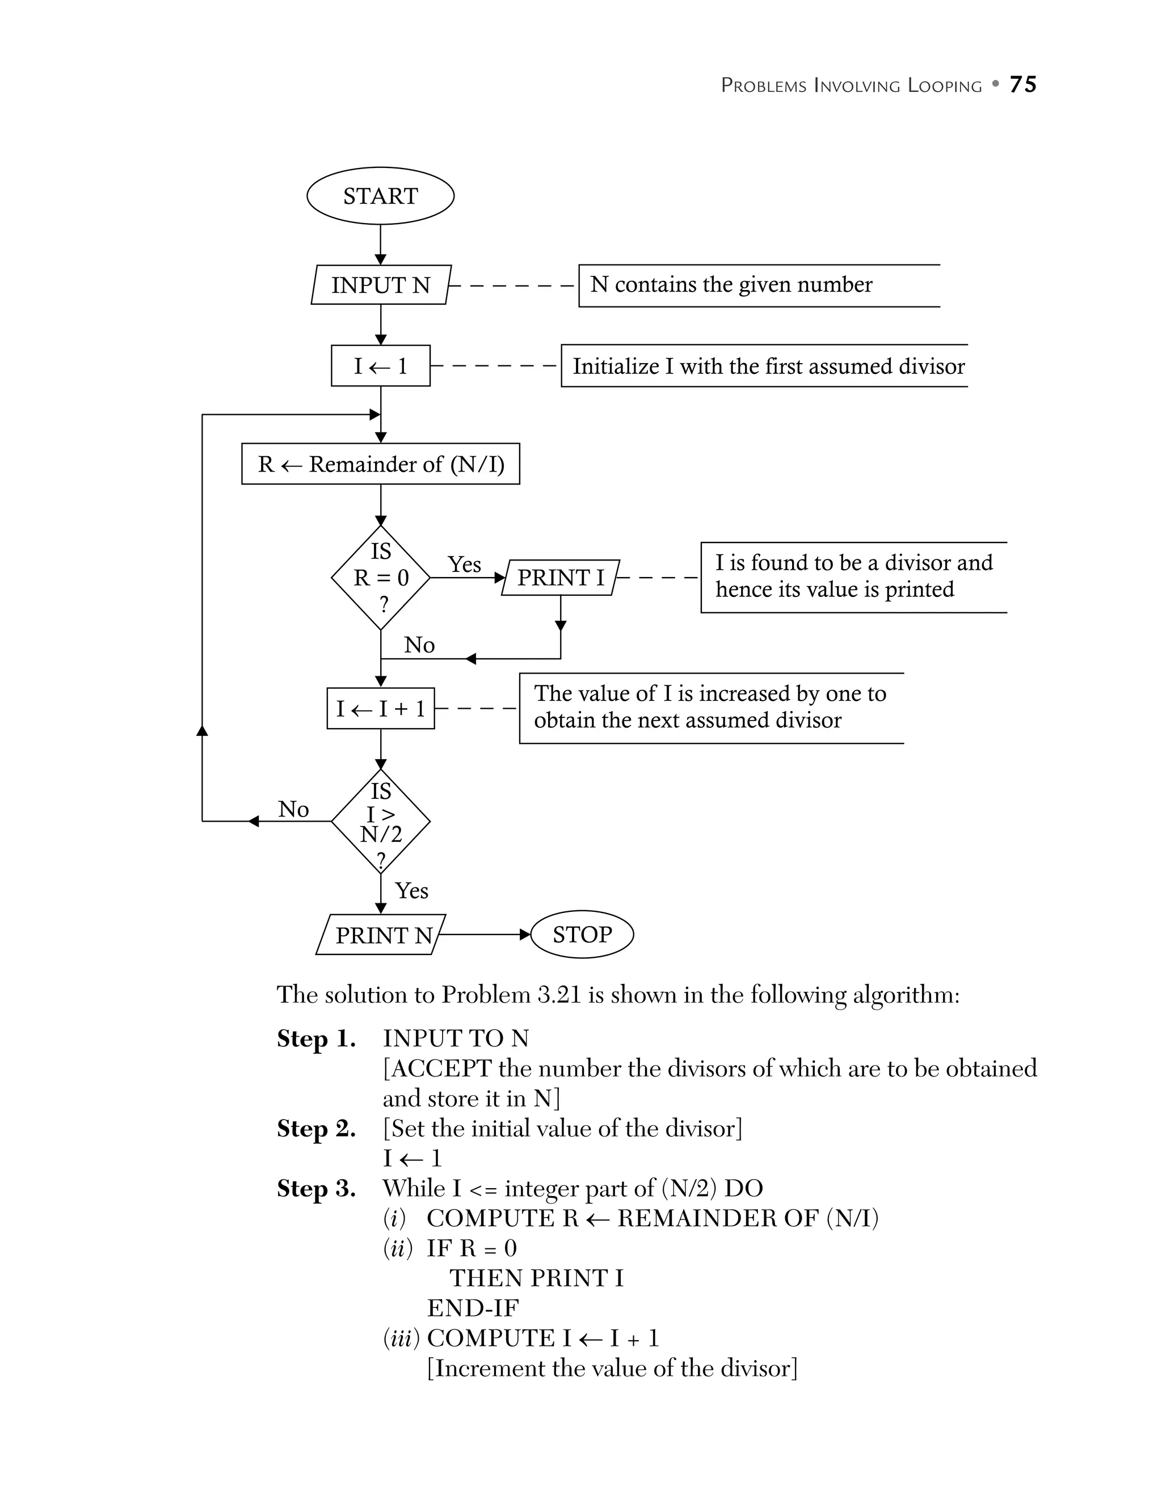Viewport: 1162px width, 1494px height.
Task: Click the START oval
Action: point(380,196)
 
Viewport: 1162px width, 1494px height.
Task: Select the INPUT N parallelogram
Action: point(381,285)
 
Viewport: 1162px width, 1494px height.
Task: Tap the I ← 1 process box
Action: point(380,366)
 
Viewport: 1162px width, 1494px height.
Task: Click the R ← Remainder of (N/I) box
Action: point(380,464)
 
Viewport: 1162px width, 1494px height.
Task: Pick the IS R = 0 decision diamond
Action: point(380,578)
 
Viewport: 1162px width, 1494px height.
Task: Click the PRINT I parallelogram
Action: point(560,578)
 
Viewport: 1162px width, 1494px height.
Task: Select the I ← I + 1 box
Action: point(380,708)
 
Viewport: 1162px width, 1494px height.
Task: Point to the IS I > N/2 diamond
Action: point(380,821)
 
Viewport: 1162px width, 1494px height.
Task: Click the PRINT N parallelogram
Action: point(381,935)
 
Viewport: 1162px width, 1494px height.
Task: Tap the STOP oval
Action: point(582,934)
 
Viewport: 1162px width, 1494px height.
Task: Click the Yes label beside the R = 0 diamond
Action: point(464,565)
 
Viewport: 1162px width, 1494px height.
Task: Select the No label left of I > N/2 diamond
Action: point(293,809)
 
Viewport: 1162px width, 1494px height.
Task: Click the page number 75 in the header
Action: point(1023,84)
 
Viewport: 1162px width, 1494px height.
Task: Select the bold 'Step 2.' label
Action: point(316,1128)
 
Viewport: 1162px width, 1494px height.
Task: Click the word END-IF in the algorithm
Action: point(473,1308)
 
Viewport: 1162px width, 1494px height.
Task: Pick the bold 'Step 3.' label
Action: point(316,1188)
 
